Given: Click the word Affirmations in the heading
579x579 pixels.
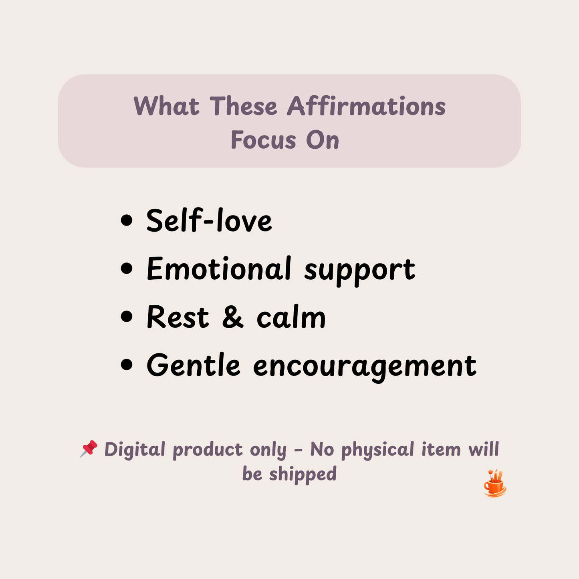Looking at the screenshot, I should coord(366,107).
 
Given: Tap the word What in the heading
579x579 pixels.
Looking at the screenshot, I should coord(166,107).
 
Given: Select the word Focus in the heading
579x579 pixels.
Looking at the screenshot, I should coord(263,140).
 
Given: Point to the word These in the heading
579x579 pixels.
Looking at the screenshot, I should coord(243,107).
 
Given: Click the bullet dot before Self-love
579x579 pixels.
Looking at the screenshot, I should coord(127,220).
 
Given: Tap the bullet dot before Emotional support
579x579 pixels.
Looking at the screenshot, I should coord(127,268).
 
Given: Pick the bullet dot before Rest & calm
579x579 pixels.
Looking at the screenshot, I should coord(127,317).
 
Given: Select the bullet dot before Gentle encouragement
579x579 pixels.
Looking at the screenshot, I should coord(127,365).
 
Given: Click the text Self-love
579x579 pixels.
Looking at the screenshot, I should coord(209,220).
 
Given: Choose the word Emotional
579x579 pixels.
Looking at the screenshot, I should coord(219,268).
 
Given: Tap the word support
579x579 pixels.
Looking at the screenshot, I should coord(359,270).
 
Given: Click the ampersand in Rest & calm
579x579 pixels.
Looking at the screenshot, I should coord(232,317).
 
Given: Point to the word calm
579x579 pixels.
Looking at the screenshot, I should coord(291,317).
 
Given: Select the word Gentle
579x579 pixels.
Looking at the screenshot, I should coord(194,365).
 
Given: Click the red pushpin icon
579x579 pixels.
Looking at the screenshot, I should coord(89,449).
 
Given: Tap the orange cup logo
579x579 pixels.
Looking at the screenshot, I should coord(495,484).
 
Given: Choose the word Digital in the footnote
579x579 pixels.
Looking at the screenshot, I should coord(135,450).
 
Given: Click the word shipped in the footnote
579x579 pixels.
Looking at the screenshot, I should coord(303,474).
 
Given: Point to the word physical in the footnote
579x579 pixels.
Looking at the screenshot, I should coord(377,450).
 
